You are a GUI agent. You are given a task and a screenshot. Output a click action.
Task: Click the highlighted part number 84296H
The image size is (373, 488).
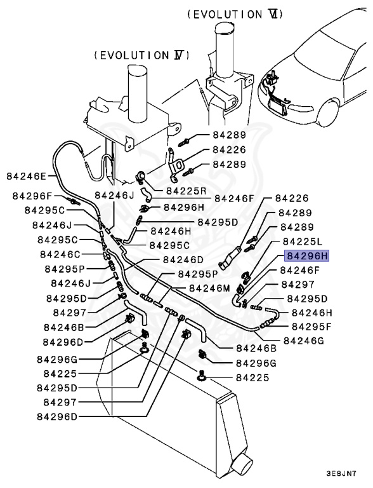pos(308,256)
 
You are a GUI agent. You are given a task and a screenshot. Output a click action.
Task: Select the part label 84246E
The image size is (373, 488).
pos(27,176)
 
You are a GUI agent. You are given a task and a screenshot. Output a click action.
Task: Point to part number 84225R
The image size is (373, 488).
pos(186,190)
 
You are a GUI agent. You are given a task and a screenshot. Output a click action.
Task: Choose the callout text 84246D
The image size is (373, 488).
pos(183,259)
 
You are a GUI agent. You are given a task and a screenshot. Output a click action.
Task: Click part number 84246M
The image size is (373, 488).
pos(209,288)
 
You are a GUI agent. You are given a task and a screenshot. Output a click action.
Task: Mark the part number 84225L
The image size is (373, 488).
pos(303,241)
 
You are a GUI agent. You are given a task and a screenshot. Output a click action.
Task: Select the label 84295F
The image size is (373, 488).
pos(311,326)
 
